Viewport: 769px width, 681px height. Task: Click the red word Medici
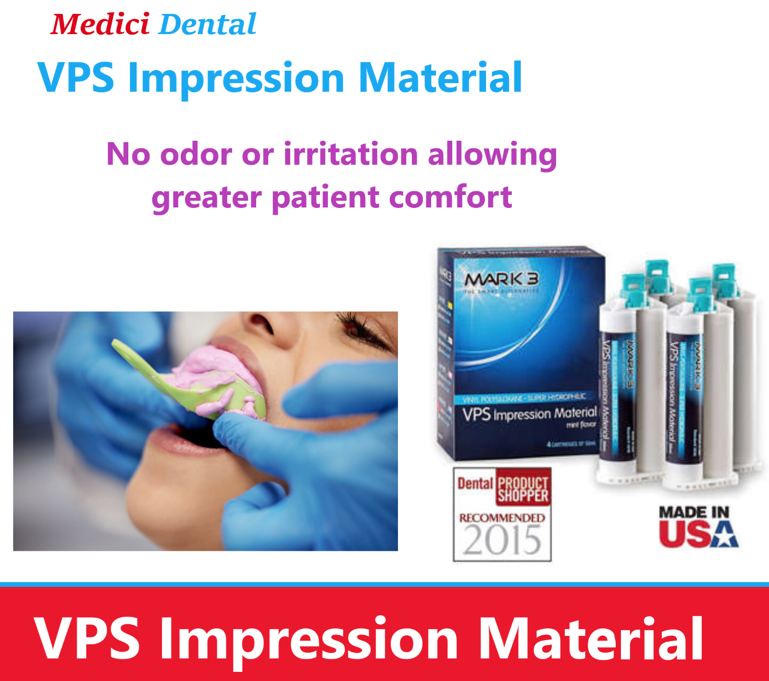pos(100,24)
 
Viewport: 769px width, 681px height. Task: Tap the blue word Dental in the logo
pos(208,24)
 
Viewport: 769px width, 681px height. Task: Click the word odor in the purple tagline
pos(196,154)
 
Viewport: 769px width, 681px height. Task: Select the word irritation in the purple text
pos(351,154)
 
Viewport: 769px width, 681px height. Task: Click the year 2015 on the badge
pos(502,540)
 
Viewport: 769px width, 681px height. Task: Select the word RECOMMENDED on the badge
pos(502,518)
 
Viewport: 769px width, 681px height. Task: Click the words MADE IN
pos(694,512)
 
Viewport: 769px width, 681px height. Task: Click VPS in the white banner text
pos(87,639)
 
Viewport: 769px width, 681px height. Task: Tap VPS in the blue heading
pos(76,77)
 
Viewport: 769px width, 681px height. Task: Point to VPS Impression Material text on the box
pos(529,413)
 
